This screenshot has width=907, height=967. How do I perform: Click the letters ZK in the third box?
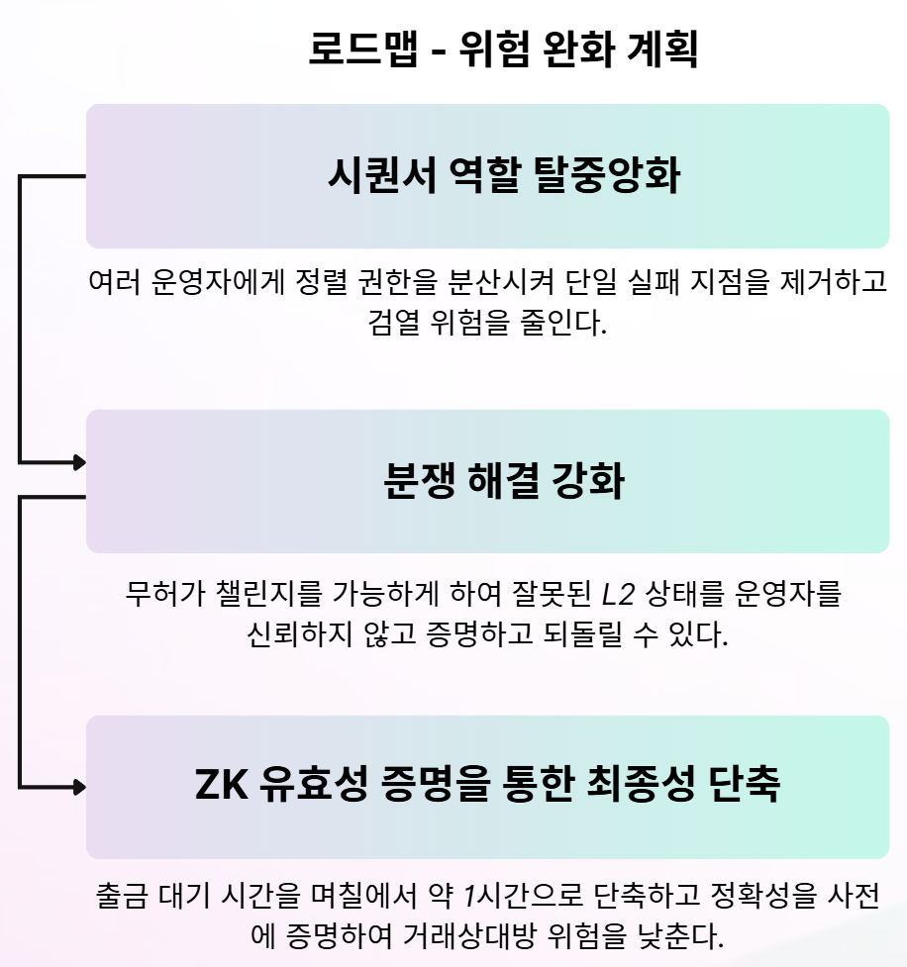(223, 787)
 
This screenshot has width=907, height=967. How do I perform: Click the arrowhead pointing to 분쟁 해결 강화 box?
(78, 461)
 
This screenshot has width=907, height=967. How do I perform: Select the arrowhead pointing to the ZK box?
(78, 788)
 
